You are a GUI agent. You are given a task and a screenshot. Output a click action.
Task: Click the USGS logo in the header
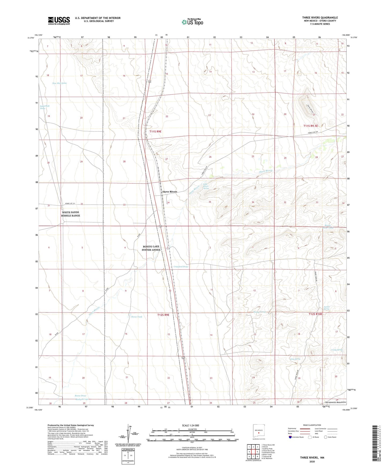click(x=59, y=21)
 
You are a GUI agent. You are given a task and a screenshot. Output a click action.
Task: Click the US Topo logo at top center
click(x=192, y=22)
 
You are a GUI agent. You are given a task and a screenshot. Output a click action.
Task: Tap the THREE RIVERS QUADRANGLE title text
click(x=320, y=17)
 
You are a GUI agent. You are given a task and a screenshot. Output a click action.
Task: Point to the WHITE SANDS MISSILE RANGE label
click(x=70, y=214)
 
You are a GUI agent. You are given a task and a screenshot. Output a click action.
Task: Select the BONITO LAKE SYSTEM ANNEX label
click(x=151, y=248)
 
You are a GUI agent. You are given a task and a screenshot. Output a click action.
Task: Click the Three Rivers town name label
click(x=170, y=192)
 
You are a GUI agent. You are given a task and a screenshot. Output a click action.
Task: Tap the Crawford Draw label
click(x=181, y=267)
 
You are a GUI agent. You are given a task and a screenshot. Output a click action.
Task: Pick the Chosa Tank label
click(x=136, y=317)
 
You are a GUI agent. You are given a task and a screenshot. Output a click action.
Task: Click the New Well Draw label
click(x=59, y=83)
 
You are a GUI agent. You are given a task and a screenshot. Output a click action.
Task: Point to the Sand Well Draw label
click(x=45, y=107)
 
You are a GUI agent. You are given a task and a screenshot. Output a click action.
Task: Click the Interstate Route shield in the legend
click(x=290, y=437)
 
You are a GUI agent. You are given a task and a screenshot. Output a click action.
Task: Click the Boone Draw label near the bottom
click(x=80, y=396)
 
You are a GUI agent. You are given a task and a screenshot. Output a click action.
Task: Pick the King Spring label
click(x=295, y=359)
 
